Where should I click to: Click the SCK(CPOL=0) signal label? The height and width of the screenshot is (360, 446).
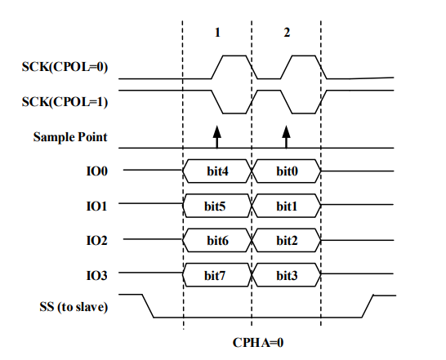[x=65, y=67]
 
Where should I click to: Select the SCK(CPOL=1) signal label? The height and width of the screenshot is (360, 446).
[x=65, y=102]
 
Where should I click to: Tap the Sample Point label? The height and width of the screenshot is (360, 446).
[x=70, y=137]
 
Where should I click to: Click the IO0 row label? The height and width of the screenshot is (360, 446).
[x=97, y=171]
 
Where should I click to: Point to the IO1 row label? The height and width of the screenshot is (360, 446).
[x=96, y=207]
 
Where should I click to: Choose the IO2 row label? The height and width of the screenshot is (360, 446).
[x=97, y=241]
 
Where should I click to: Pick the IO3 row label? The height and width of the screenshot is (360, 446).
[x=97, y=276]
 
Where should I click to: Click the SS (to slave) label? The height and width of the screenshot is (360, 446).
[x=74, y=307]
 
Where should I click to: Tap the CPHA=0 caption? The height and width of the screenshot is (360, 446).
[x=258, y=343]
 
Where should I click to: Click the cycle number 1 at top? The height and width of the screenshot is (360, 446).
[x=217, y=33]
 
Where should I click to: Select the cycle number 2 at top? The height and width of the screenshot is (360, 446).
[x=287, y=33]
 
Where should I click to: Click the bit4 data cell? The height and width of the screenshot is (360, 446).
[x=217, y=171]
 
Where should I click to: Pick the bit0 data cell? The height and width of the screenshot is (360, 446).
[x=287, y=171]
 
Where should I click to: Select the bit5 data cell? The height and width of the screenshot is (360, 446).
[x=217, y=206]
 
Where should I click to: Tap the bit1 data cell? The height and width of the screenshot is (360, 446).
[x=287, y=206]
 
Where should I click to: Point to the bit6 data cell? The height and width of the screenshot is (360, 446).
[x=217, y=241]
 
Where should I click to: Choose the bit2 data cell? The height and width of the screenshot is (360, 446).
[x=287, y=241]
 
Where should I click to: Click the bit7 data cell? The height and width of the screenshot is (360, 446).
[x=217, y=275]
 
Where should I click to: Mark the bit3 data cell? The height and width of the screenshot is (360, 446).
[x=287, y=275]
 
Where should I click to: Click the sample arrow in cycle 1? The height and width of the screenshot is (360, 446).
[x=217, y=137]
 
